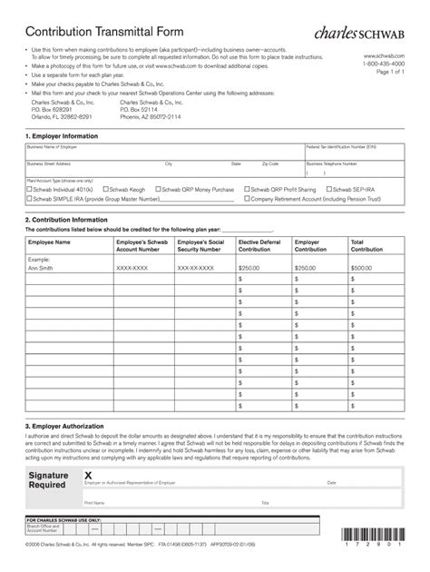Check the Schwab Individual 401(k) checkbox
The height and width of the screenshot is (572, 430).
29,190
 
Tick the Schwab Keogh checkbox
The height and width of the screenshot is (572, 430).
107,190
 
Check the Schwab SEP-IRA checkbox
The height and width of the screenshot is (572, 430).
330,190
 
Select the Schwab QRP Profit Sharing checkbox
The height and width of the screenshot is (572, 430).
247,190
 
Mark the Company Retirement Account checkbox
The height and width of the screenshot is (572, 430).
247,198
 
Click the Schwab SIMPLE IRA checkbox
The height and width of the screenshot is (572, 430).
29,198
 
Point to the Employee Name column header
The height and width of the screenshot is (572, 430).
49,242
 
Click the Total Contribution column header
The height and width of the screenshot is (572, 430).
367,246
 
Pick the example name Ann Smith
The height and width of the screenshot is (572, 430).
40,268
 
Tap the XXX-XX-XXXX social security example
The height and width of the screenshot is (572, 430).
196,268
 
